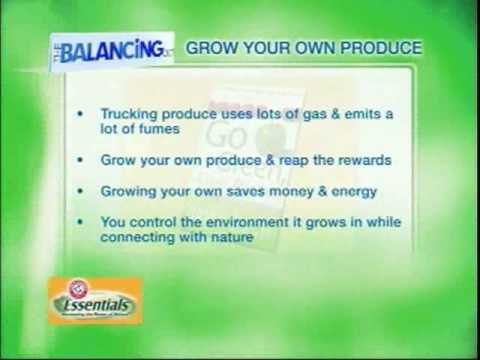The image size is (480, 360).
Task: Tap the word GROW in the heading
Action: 211,47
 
